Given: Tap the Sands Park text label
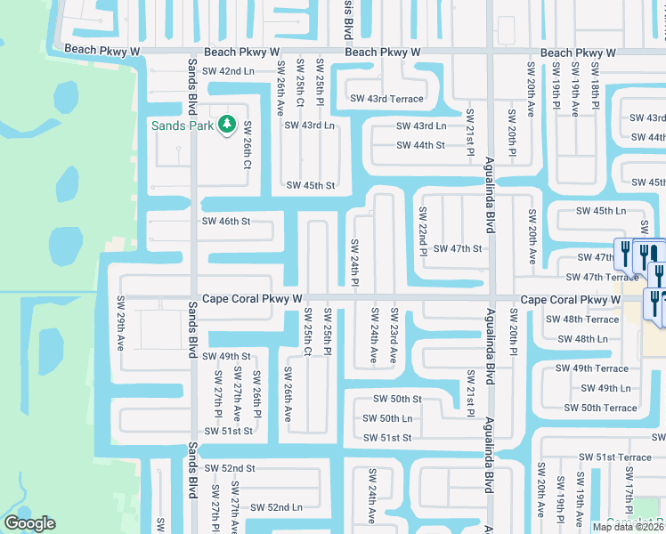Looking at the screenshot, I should tap(182, 125).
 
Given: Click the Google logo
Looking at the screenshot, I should tap(29, 523).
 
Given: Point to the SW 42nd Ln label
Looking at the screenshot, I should tap(228, 70).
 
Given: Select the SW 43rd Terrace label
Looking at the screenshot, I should tap(386, 99).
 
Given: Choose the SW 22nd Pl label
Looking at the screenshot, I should tap(424, 231).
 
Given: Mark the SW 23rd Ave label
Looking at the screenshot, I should tap(394, 335).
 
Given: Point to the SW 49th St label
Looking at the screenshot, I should tap(227, 356).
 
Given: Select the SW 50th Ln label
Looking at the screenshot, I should tap(387, 418).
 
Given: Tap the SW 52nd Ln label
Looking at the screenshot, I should tap(276, 507).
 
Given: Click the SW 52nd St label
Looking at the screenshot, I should tap(230, 468).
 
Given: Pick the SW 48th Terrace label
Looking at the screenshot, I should tap(582, 320).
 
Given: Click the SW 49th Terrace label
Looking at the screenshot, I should tap(592, 368).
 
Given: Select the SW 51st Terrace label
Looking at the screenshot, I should tap(615, 457).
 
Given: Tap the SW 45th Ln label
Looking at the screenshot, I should tap(601, 211).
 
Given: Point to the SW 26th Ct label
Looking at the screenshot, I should tap(248, 145).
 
